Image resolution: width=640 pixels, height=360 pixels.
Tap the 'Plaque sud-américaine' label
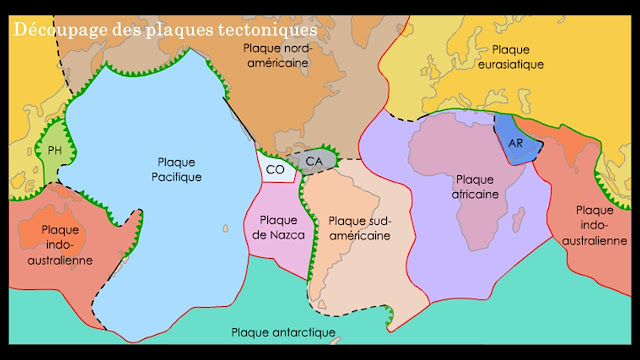pos(358,228)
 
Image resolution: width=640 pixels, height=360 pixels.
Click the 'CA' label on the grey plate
pos(314,160)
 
